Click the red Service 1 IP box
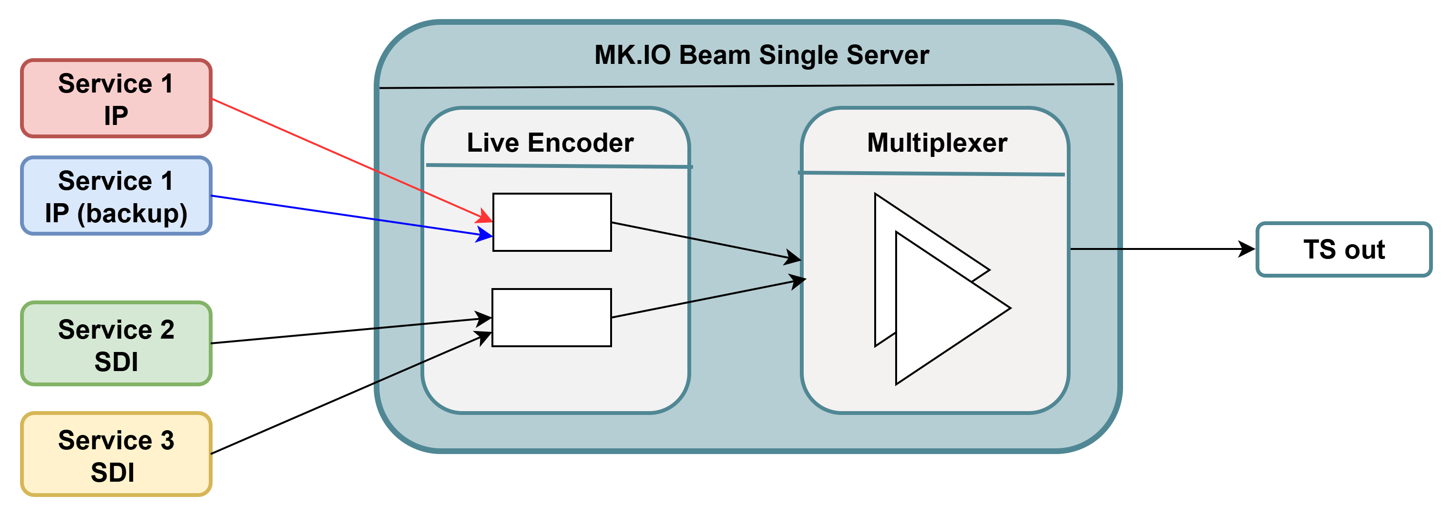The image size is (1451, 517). [116, 98]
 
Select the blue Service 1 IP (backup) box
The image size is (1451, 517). [116, 196]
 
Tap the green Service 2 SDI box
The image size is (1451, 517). [116, 343]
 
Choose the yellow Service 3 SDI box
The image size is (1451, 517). [116, 454]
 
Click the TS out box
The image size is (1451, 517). [1343, 249]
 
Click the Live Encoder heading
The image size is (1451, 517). [550, 143]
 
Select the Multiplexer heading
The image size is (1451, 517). [937, 143]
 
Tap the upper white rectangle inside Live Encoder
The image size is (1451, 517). [552, 222]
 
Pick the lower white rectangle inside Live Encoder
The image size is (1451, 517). [552, 318]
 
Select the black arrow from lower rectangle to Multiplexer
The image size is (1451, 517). [704, 299]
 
